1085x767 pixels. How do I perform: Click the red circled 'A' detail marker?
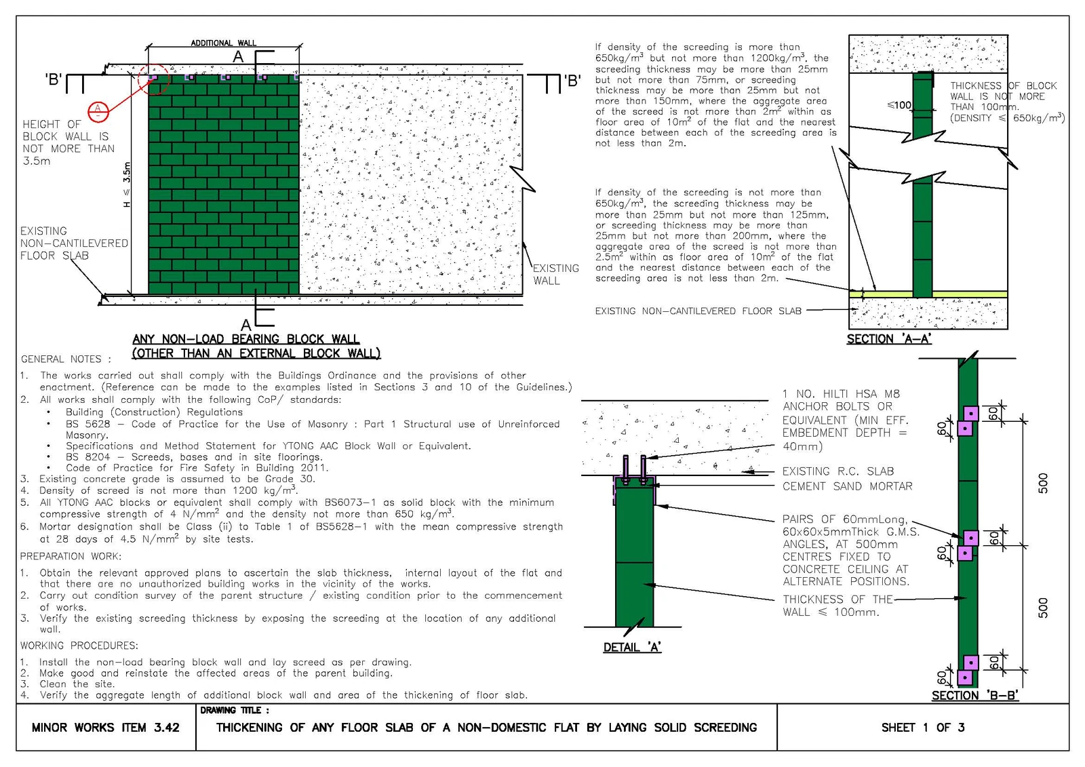pos(98,111)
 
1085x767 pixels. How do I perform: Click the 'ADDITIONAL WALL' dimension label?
pos(223,43)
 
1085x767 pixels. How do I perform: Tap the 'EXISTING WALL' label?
pos(555,275)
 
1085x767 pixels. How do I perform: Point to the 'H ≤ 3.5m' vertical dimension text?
pos(127,184)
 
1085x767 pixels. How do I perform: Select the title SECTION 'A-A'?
pos(889,339)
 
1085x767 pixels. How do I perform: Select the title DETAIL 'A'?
pos(632,648)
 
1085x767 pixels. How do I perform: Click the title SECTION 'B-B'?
pos(975,695)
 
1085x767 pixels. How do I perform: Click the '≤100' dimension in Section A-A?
pos(899,105)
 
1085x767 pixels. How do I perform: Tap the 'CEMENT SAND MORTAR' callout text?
pos(847,486)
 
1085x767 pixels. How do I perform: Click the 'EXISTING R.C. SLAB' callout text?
pos(838,471)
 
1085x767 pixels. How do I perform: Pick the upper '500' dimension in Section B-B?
pos(1043,483)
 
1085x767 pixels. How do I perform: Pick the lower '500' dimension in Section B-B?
pos(1043,608)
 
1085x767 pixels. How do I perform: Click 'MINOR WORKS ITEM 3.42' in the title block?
pos(106,727)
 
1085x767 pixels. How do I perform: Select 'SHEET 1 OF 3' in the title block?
pos(923,727)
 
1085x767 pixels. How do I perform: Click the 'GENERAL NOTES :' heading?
pos(66,359)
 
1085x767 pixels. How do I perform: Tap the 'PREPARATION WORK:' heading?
pos(71,556)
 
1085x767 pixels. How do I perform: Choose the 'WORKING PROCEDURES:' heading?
pos(79,646)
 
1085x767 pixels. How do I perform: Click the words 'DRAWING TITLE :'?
pos(234,710)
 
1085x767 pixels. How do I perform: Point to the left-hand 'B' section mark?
pos(54,79)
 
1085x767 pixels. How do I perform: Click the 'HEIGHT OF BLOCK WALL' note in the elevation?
pos(68,142)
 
